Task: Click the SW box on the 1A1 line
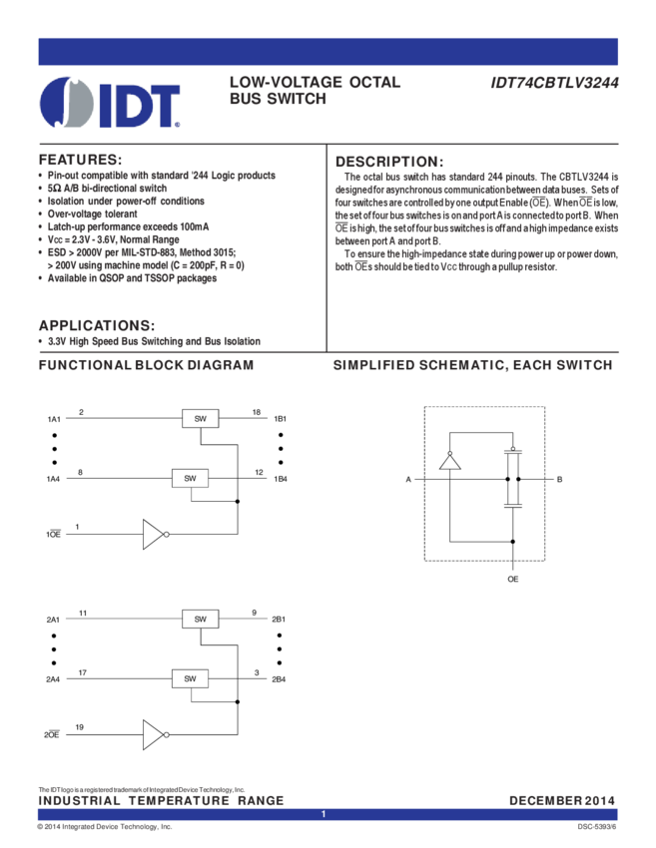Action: [x=200, y=419]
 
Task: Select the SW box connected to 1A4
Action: [x=190, y=478]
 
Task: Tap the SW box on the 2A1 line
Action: [x=200, y=619]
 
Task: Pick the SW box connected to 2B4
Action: [x=190, y=678]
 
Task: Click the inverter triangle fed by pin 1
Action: [x=153, y=535]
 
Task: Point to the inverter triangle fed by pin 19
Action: [x=153, y=735]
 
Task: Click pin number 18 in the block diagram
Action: [x=257, y=412]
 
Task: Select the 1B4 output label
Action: [x=281, y=479]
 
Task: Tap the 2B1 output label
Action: [x=279, y=620]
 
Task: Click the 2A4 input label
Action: [x=55, y=679]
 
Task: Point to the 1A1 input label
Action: [x=54, y=419]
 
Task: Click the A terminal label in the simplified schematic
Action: [x=408, y=481]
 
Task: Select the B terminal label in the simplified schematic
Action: [x=559, y=481]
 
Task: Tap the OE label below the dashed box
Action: [x=513, y=579]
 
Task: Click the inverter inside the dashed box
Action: [x=450, y=460]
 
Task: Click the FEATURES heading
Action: [x=79, y=160]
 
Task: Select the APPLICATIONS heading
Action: [x=96, y=325]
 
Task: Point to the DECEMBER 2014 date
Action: [x=562, y=800]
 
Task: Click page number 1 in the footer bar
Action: [x=324, y=815]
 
